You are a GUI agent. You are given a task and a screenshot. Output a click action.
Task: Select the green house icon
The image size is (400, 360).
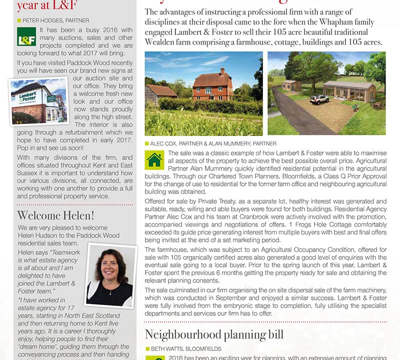point(154,159)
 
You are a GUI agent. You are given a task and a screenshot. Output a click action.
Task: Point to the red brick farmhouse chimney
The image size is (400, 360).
point(221,72)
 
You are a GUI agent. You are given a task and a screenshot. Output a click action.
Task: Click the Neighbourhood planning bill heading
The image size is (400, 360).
point(214,334)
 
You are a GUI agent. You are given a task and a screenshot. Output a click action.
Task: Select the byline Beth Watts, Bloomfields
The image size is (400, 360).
point(185,348)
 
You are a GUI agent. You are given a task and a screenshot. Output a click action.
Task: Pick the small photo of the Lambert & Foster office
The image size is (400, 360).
point(33,100)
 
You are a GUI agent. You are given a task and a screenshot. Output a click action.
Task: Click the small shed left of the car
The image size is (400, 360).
point(292,85)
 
